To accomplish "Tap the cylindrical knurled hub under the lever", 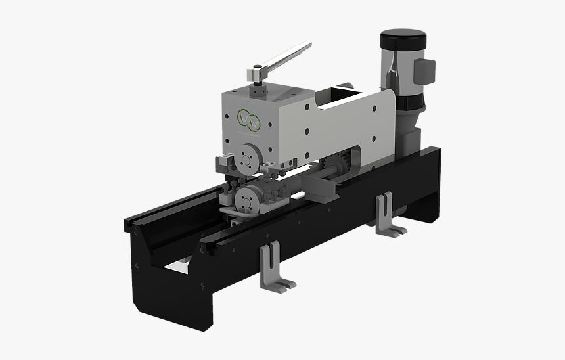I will pos(258,79).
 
